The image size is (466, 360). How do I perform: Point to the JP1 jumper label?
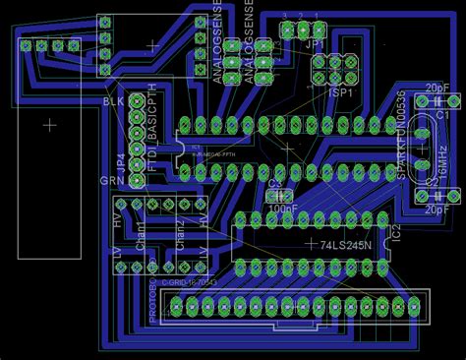click(x=315, y=45)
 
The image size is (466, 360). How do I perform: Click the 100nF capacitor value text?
click(x=283, y=208)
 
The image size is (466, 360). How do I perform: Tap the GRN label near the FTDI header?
click(x=111, y=181)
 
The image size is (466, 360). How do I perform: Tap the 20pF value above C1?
click(x=437, y=89)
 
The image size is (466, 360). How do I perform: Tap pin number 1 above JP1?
click(x=317, y=15)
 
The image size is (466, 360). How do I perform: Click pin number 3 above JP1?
click(x=284, y=15)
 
